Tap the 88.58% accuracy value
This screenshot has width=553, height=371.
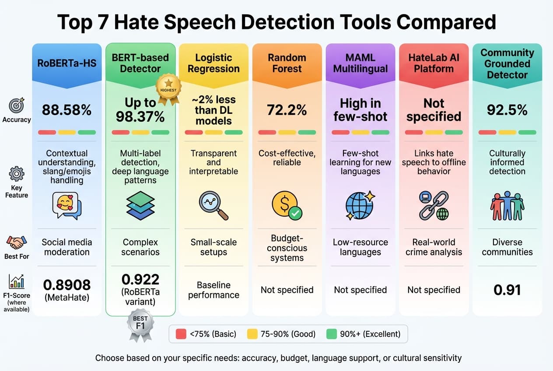[x=67, y=110]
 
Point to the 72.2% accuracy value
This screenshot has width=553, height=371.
[x=287, y=110]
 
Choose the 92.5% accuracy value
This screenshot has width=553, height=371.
[x=507, y=110]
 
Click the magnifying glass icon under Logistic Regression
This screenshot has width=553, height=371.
[x=213, y=205]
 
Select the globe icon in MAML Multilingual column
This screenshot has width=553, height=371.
[x=360, y=205]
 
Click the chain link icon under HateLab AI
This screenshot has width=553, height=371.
[x=434, y=205]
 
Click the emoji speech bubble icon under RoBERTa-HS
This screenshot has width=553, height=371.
[x=67, y=205]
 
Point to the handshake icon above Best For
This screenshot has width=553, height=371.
[x=17, y=242]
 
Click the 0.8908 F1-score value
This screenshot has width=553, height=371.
[x=67, y=285]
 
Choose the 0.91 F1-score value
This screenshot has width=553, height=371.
[x=507, y=290]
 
